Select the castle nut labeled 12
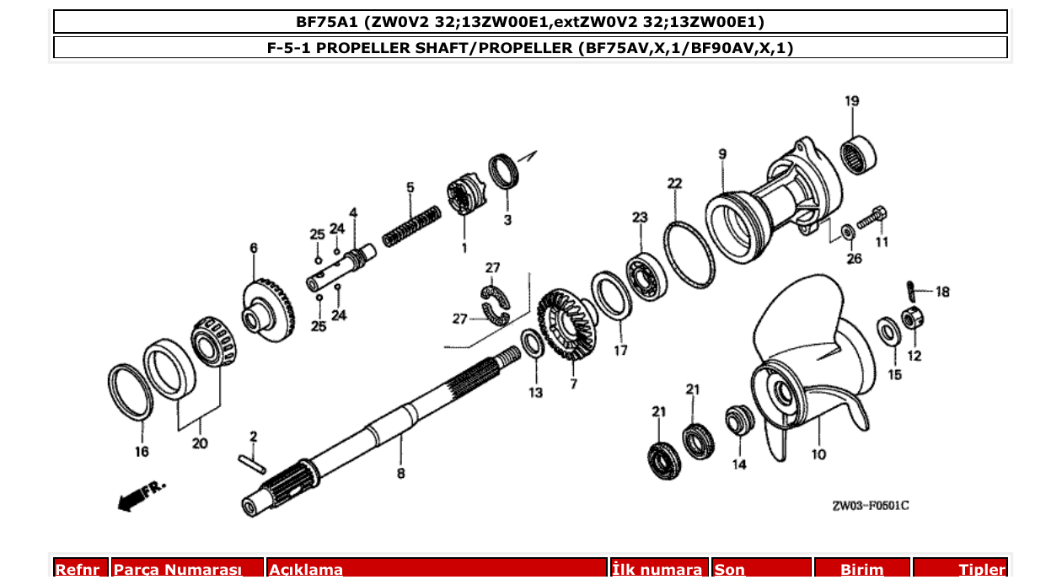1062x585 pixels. tap(910, 319)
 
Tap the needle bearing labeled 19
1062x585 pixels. tap(860, 153)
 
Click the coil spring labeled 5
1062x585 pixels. tap(411, 226)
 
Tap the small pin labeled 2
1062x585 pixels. tap(251, 463)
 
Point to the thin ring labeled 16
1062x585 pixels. tap(131, 393)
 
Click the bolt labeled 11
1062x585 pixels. tap(873, 216)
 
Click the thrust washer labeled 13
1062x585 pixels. tap(532, 344)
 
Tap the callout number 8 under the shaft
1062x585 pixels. tap(400, 474)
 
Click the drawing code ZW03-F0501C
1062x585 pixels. tap(870, 506)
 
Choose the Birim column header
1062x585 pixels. tap(861, 570)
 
